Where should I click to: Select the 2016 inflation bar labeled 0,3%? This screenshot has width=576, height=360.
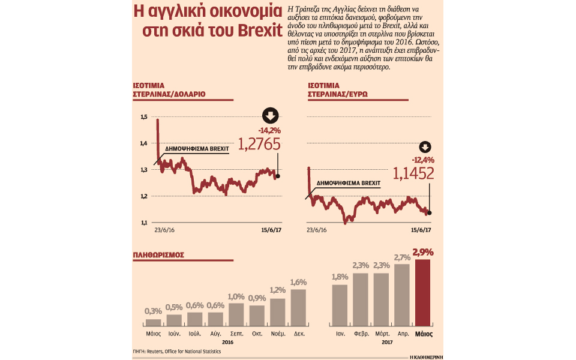(153, 322)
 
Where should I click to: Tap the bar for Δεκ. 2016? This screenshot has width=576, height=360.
(298, 307)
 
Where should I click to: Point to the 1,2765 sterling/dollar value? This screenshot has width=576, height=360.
(259, 145)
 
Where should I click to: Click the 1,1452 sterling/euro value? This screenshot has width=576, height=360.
(414, 174)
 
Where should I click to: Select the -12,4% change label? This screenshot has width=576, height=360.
(423, 160)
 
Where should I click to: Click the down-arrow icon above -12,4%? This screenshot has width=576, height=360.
(425, 147)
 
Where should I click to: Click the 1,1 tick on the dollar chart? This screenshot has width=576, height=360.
(144, 223)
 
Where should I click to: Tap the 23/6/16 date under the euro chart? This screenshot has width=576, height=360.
(316, 230)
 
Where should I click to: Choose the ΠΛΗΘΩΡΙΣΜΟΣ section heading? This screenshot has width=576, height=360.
(158, 255)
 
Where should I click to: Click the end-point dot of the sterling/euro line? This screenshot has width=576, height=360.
(430, 212)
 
